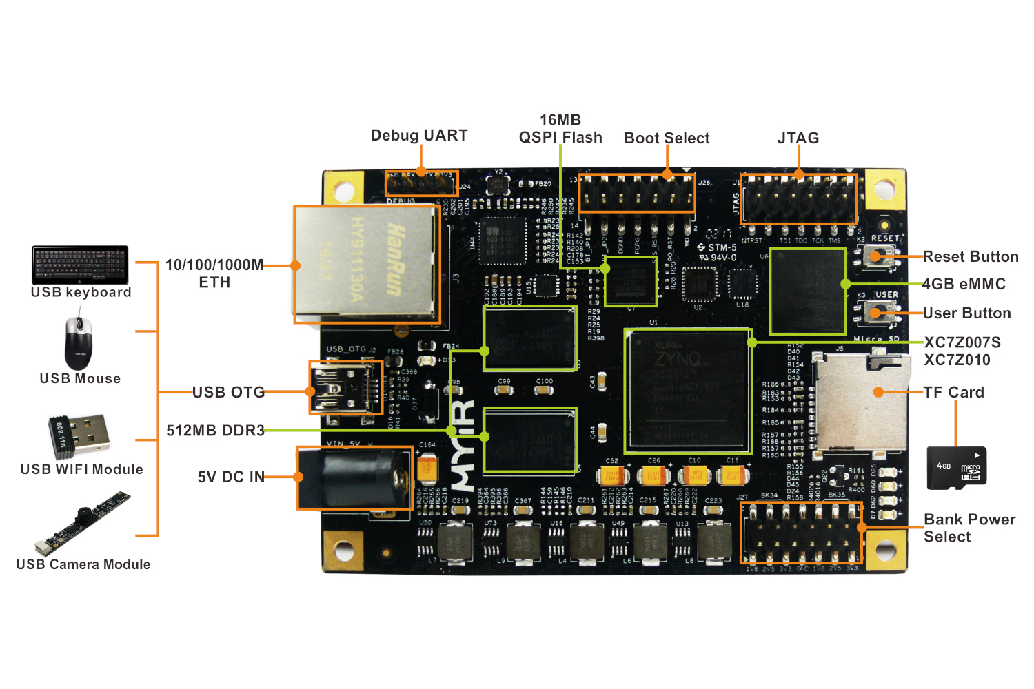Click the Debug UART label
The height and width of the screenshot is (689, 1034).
click(x=419, y=135)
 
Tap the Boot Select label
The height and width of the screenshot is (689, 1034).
click(x=667, y=138)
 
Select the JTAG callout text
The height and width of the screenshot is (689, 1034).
click(x=798, y=138)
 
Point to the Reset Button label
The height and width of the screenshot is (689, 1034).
click(x=971, y=257)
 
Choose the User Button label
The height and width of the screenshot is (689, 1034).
click(x=966, y=313)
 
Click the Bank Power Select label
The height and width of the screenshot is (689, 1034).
click(x=969, y=528)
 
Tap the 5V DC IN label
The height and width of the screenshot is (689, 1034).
click(x=231, y=477)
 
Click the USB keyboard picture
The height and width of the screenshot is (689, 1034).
click(x=80, y=265)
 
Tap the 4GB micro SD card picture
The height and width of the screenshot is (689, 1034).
click(x=957, y=468)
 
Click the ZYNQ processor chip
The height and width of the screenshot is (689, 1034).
click(x=687, y=391)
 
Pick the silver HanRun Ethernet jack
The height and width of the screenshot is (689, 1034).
click(x=367, y=264)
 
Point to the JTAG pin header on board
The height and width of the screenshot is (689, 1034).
click(x=799, y=198)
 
